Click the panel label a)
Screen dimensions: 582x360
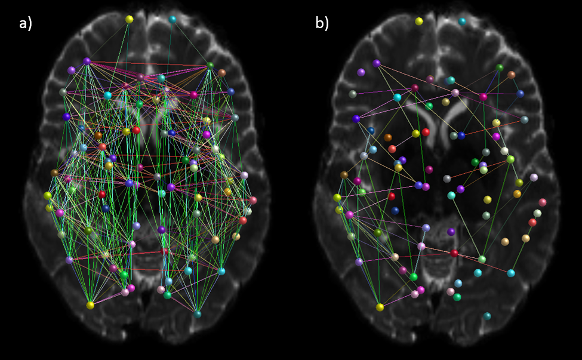(x=24, y=23)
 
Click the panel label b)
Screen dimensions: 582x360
(x=322, y=23)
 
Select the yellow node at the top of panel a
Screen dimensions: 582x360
(x=129, y=19)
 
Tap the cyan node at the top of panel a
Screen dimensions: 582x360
(x=173, y=19)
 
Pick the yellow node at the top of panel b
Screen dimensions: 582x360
(x=419, y=21)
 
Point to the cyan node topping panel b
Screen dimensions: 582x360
(x=462, y=21)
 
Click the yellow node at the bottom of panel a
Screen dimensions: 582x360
(x=90, y=305)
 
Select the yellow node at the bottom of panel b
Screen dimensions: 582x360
(x=380, y=307)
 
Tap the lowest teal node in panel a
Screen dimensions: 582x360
(x=198, y=313)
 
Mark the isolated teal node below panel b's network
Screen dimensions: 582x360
(x=487, y=316)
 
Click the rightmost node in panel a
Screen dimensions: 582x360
(x=253, y=200)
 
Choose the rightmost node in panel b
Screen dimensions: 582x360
(x=543, y=202)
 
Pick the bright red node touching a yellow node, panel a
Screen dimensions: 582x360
(x=136, y=130)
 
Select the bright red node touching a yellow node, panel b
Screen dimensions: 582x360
(x=426, y=132)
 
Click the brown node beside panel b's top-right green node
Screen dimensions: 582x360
(x=512, y=75)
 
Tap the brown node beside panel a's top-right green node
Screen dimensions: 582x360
(x=222, y=73)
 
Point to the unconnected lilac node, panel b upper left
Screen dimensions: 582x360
(x=361, y=72)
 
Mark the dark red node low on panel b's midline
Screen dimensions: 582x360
(x=454, y=253)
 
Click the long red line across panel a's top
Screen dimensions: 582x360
(x=149, y=63)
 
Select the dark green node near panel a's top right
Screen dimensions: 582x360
(x=210, y=66)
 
